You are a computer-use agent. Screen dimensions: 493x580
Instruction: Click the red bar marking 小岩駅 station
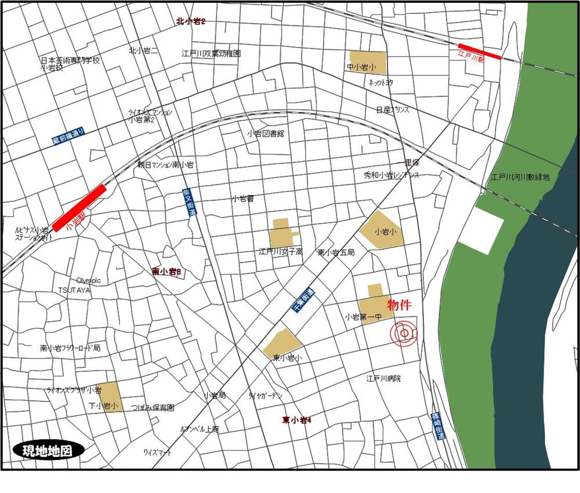80,207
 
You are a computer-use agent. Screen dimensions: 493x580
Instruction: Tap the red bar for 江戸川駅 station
479,51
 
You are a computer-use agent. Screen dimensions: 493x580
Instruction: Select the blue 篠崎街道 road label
436,429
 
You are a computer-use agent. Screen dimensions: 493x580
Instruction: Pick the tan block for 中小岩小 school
367,62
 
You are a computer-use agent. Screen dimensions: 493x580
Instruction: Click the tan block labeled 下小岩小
110,397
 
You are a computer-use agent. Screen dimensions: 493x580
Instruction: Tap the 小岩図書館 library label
265,133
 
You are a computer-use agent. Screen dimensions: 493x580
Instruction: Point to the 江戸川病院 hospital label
383,379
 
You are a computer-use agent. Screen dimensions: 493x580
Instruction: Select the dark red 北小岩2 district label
191,21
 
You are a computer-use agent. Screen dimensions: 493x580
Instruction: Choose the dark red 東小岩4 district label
297,420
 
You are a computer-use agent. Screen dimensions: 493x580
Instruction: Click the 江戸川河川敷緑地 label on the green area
519,177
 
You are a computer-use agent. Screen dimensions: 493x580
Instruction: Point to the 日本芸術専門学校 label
70,60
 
